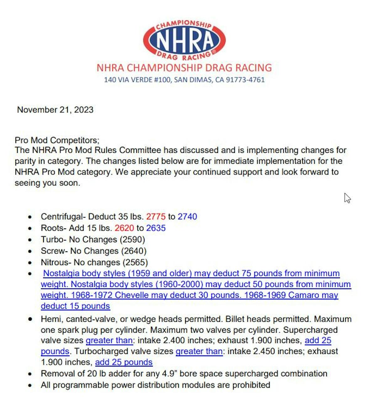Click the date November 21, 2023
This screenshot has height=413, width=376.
tap(55, 110)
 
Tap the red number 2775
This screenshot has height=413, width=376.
tap(156, 217)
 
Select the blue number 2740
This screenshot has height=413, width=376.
tap(187, 217)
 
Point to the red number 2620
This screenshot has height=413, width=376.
tap(124, 228)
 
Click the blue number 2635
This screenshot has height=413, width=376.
tap(156, 228)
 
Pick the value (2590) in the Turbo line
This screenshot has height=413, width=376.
tap(133, 240)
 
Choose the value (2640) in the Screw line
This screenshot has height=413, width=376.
tap(134, 251)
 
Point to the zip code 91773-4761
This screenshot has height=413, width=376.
tap(245, 80)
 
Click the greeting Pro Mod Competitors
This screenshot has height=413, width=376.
tap(57, 140)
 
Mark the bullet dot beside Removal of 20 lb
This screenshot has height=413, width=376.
tap(30, 374)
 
